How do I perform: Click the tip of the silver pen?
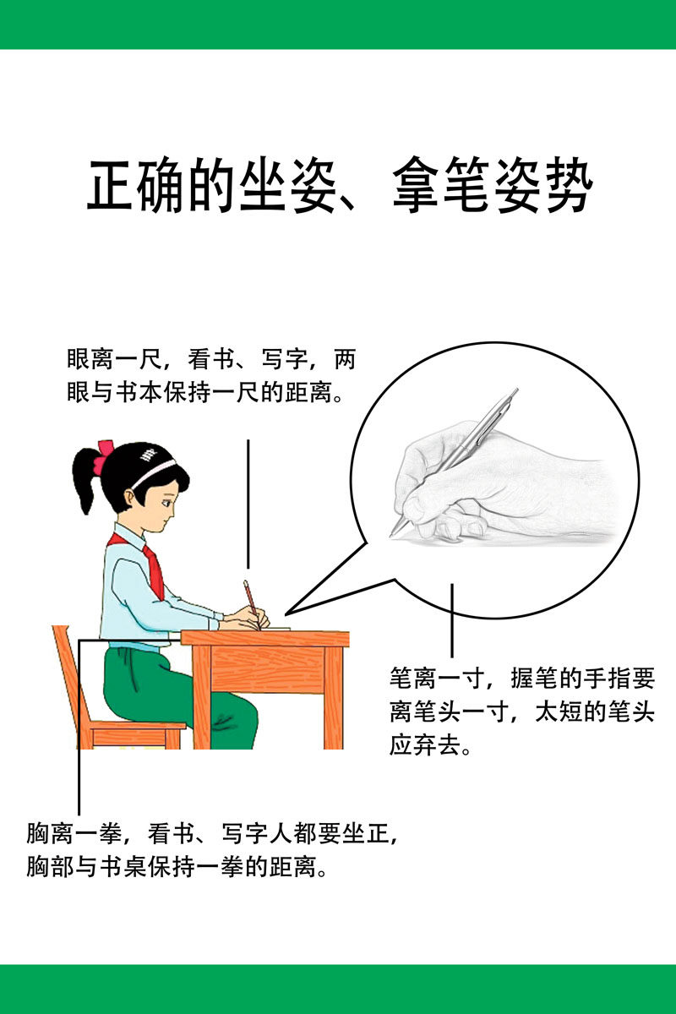pos(393,533)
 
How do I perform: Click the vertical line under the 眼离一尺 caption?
pos(248,503)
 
